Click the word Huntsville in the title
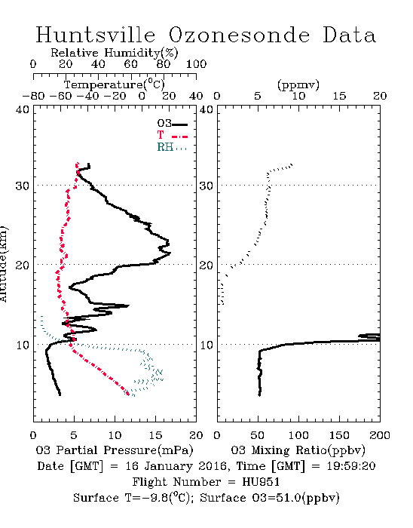click(96, 35)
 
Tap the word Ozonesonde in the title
click(239, 35)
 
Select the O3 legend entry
click(172, 124)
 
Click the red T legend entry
click(172, 135)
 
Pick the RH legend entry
click(172, 147)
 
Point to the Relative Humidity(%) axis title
click(115, 53)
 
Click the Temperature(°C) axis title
click(115, 84)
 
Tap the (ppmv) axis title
click(298, 84)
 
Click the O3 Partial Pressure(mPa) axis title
click(115, 450)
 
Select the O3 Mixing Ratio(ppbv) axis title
click(298, 450)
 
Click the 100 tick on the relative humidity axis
click(196, 64)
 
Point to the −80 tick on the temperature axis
click(33, 96)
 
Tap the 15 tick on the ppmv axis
click(339, 96)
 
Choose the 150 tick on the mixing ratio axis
click(339, 435)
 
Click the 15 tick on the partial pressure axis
click(155, 435)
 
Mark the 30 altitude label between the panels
click(206, 186)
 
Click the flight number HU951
click(261, 482)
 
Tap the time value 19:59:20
click(351, 466)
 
